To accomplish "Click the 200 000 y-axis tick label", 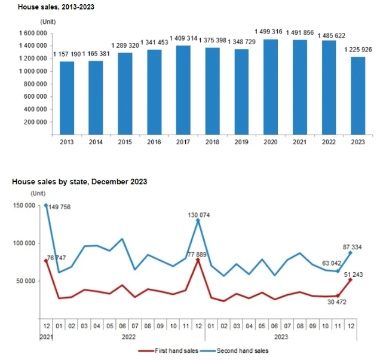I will [35, 122].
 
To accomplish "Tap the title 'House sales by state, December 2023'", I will [79, 181].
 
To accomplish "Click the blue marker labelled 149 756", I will [47, 205].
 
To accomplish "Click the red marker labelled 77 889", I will [197, 260].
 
